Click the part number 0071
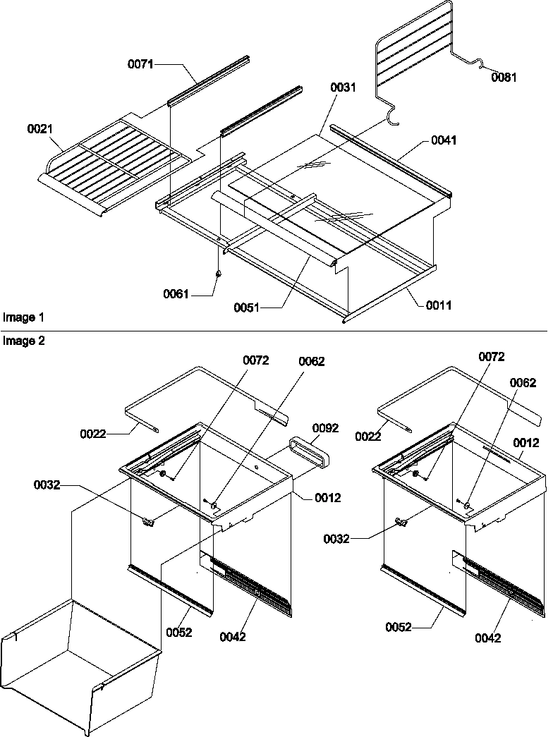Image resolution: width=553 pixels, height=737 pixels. pos(140,64)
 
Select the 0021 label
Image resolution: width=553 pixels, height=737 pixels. pos(40,129)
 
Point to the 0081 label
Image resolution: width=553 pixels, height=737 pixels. pos(504,78)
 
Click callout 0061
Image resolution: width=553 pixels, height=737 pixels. pos(176,293)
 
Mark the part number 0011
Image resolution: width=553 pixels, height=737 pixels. pos(439,305)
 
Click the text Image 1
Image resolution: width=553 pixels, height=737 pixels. pos(19,318)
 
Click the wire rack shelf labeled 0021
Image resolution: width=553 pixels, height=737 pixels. pos(116,162)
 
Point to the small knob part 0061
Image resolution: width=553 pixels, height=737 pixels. pos(218,272)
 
